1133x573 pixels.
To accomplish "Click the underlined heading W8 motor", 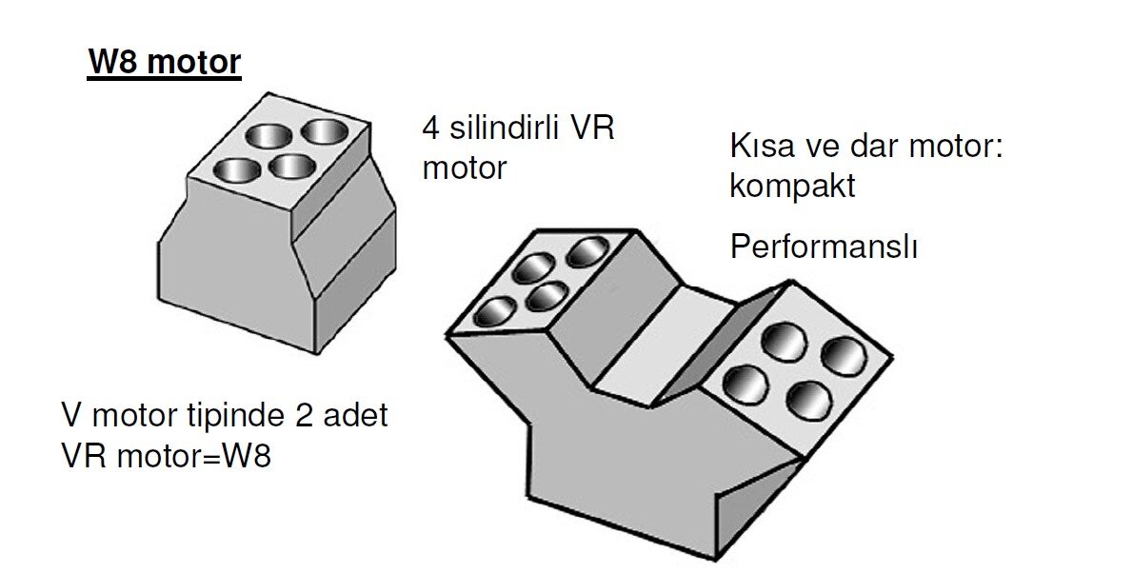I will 164,63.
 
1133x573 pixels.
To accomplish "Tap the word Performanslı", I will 824,247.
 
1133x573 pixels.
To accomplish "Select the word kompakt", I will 792,186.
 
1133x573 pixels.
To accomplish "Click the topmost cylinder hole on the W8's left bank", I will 589,250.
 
